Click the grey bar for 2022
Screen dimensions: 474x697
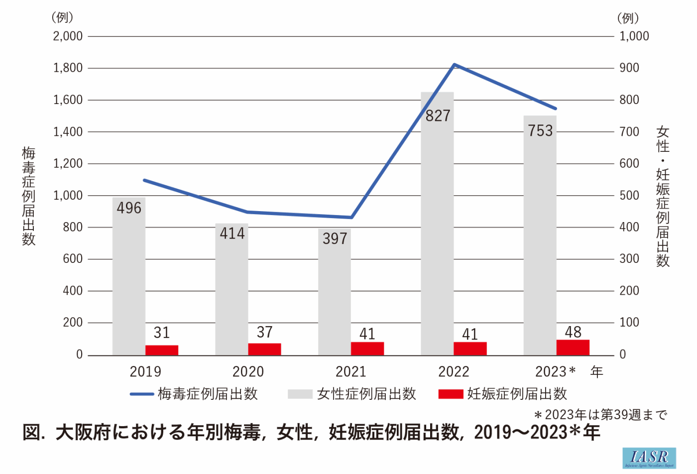437,224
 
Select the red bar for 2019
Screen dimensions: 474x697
162,350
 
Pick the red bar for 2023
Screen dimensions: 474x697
573,348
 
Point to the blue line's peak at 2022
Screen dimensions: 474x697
454,65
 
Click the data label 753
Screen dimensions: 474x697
540,131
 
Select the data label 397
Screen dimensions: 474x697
335,239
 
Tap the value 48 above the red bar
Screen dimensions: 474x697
573,332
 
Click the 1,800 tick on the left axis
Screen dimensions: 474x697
68,68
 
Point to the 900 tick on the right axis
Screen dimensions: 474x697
629,68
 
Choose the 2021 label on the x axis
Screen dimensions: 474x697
351,372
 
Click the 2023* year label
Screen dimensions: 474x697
555,372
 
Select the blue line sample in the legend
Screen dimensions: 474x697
142,394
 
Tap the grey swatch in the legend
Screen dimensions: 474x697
300,394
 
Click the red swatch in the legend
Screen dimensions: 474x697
451,394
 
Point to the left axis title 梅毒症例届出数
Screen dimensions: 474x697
28,196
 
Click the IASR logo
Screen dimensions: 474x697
649,458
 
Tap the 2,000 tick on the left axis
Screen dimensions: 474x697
68,36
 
